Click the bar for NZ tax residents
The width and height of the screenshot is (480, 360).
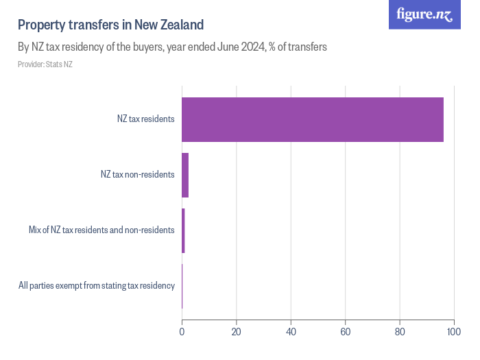[x=312, y=119]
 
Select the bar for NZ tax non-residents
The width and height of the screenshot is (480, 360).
[x=185, y=175]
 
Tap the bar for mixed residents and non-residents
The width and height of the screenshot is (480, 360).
[x=183, y=230]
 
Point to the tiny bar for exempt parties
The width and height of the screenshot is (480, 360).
[x=182, y=286]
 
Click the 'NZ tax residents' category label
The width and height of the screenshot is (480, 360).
[x=145, y=119]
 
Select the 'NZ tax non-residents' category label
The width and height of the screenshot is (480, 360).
[x=137, y=174]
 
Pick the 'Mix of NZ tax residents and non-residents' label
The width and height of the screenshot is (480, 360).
[x=101, y=230]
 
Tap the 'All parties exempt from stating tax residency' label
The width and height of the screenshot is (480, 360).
[x=97, y=285]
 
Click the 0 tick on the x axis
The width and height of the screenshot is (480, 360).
[x=182, y=333]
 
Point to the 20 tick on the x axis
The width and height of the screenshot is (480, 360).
[x=236, y=333]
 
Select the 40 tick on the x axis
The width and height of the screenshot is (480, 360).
[x=291, y=333]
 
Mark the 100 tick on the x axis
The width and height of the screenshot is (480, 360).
[x=453, y=333]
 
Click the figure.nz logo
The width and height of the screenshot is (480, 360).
[x=424, y=14]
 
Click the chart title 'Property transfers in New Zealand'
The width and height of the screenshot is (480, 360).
[x=110, y=25]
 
